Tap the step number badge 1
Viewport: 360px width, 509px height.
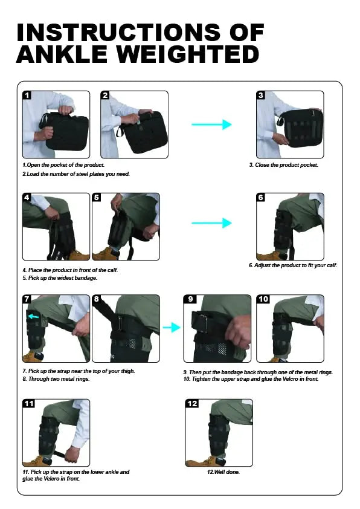pos(27,95)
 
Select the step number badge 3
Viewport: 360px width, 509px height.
pos(260,95)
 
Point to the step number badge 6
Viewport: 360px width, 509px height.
pos(260,197)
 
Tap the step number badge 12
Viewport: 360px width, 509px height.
pos(192,403)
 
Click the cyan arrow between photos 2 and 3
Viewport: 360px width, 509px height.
pos(211,124)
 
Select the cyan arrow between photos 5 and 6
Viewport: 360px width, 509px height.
pos(211,223)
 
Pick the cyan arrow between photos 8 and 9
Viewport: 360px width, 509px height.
pos(172,328)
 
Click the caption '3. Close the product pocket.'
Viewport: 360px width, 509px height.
pos(283,165)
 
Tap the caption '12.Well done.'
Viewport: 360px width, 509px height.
pos(223,472)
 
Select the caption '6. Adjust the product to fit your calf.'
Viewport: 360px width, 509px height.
pos(292,265)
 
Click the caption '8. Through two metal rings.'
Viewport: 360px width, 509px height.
pos(56,379)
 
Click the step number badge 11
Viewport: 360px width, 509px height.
pos(28,403)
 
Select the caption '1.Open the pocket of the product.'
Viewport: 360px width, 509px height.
pos(63,165)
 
